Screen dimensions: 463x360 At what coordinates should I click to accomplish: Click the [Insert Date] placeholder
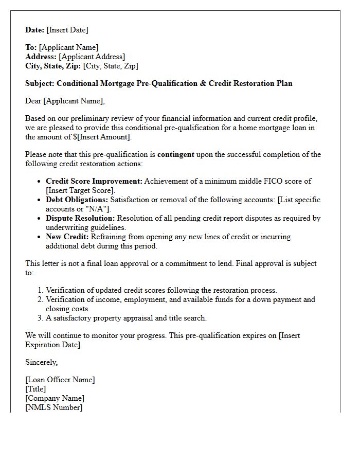click(67, 30)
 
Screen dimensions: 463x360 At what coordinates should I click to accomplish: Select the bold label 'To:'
click(31, 47)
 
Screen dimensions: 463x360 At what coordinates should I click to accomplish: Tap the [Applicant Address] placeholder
click(92, 57)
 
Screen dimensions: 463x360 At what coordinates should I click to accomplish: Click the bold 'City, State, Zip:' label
click(53, 66)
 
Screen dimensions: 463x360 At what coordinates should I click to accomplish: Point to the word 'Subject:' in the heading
click(40, 83)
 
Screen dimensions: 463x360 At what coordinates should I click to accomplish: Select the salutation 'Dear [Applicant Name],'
click(65, 101)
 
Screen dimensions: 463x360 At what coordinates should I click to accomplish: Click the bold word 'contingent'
click(176, 154)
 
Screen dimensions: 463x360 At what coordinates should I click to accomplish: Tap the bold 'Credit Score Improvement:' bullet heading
click(94, 181)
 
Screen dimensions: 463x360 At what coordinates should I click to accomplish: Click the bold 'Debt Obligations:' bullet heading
click(77, 200)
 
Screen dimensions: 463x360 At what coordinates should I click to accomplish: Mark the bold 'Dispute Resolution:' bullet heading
click(80, 218)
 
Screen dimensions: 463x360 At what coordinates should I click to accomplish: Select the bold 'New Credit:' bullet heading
click(67, 237)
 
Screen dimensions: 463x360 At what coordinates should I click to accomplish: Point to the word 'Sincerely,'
click(42, 362)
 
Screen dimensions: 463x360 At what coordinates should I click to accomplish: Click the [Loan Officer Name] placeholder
click(60, 380)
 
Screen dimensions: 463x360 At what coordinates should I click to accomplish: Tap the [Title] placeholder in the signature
click(35, 389)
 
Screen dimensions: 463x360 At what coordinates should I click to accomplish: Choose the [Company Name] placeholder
click(55, 398)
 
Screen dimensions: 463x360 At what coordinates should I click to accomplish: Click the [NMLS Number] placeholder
click(53, 407)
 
